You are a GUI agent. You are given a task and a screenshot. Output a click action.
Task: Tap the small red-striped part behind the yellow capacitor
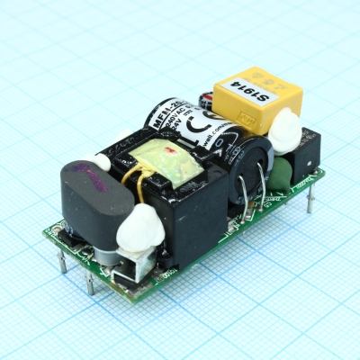207,99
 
